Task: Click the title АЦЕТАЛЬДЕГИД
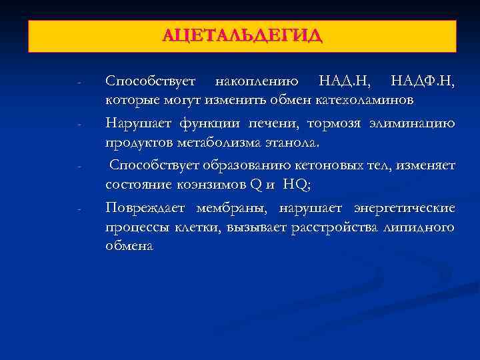(x=242, y=35)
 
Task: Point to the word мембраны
(x=229, y=209)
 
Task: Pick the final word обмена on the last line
(x=129, y=246)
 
